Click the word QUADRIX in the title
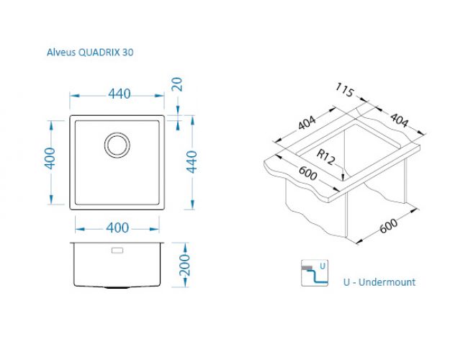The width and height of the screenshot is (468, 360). (x=99, y=53)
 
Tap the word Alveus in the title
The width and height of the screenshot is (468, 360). (x=61, y=53)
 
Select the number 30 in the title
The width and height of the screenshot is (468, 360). (x=127, y=53)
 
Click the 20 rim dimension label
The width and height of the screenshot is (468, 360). (x=177, y=84)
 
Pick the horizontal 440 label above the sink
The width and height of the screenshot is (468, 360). (x=120, y=94)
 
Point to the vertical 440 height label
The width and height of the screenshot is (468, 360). (x=192, y=162)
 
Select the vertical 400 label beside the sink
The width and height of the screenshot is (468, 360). (x=50, y=158)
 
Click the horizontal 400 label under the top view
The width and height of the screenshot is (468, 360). (x=117, y=228)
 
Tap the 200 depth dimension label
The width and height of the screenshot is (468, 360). (x=184, y=265)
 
